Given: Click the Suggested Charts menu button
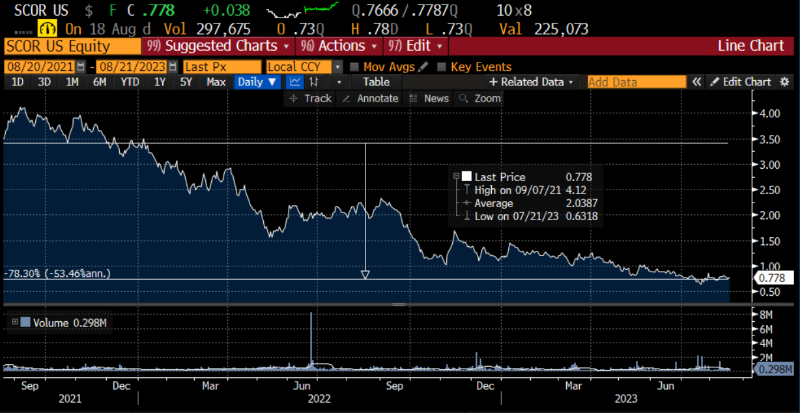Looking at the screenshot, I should pyautogui.click(x=220, y=46).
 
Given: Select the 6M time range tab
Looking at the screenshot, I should pyautogui.click(x=100, y=82).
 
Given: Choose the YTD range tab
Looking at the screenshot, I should pyautogui.click(x=130, y=82).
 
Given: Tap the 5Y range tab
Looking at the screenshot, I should pyautogui.click(x=186, y=82).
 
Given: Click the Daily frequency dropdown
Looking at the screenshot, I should pyautogui.click(x=257, y=82).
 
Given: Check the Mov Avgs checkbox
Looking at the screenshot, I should pyautogui.click(x=354, y=67).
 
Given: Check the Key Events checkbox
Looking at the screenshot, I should pyautogui.click(x=442, y=67).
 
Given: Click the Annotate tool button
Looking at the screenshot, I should pyautogui.click(x=370, y=98).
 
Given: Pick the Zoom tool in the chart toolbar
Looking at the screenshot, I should pyautogui.click(x=481, y=98).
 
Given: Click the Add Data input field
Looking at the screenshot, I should pyautogui.click(x=636, y=82).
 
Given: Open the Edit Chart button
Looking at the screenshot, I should pyautogui.click(x=740, y=82).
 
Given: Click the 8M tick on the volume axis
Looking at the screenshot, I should pyautogui.click(x=764, y=315).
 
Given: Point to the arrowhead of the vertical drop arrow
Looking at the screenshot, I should pyautogui.click(x=365, y=275).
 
